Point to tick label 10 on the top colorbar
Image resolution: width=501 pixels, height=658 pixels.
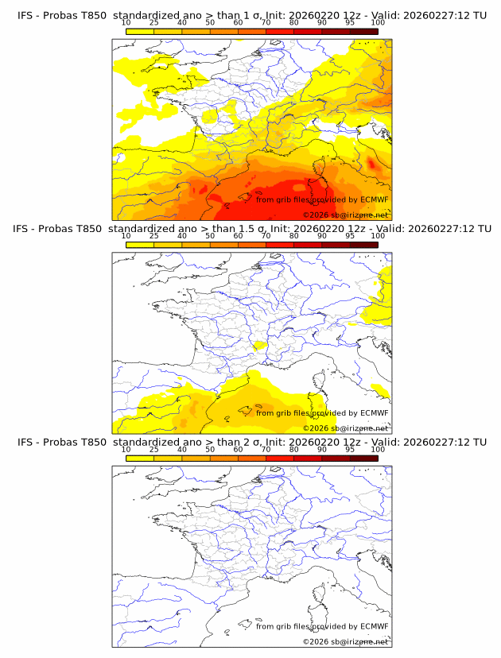(x=126, y=23)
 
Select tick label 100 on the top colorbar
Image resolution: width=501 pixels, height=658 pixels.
(x=378, y=23)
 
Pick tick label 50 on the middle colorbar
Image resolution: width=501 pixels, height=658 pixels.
(x=210, y=236)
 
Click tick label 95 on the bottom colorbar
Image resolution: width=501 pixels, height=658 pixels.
(x=350, y=449)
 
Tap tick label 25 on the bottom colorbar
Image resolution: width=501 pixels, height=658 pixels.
(x=153, y=449)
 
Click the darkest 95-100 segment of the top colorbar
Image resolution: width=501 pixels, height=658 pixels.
(x=363, y=31)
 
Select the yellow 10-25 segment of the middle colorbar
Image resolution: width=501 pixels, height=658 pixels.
(x=139, y=244)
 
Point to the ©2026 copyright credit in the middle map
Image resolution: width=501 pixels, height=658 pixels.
(x=345, y=428)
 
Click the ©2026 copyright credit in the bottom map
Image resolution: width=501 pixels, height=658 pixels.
(x=345, y=641)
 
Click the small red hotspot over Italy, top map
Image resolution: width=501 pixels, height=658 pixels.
(x=371, y=164)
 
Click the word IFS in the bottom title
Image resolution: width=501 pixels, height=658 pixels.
(x=25, y=442)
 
